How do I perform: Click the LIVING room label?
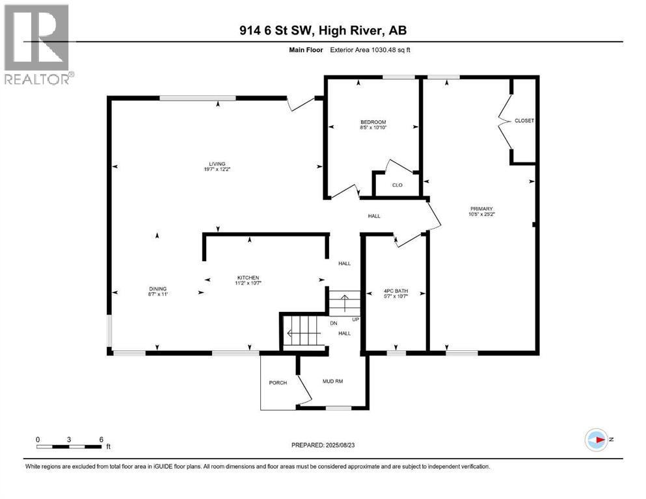pyautogui.click(x=216, y=164)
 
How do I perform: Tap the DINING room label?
pyautogui.click(x=157, y=289)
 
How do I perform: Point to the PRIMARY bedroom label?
pyautogui.click(x=481, y=208)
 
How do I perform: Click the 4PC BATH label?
pyautogui.click(x=378, y=291)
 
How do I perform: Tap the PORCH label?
pyautogui.click(x=278, y=383)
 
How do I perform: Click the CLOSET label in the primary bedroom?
pyautogui.click(x=524, y=121)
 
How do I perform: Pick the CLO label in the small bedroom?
pyautogui.click(x=397, y=185)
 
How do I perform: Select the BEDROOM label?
pyautogui.click(x=373, y=122)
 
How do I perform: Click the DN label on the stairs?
pyautogui.click(x=333, y=323)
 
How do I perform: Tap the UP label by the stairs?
pyautogui.click(x=355, y=319)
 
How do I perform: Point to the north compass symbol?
pyautogui.click(x=596, y=440)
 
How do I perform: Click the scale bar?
pyautogui.click(x=69, y=446)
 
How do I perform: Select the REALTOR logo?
pyautogui.click(x=38, y=45)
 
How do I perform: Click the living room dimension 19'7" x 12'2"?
pyautogui.click(x=216, y=170)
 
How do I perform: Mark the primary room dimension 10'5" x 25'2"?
pyautogui.click(x=481, y=214)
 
